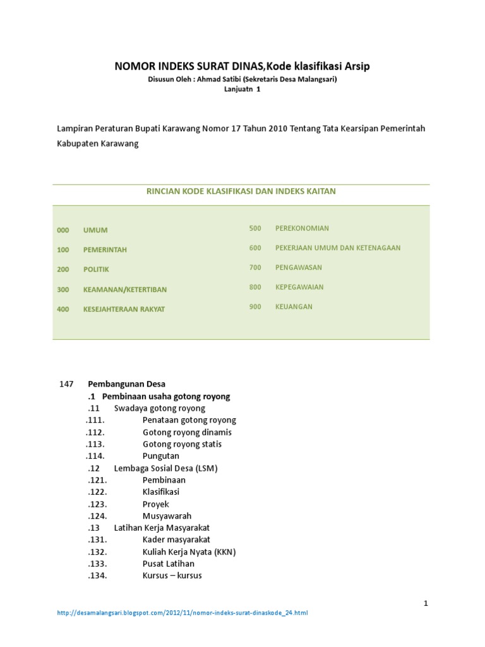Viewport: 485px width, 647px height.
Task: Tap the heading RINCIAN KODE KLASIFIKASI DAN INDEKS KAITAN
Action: coord(241,190)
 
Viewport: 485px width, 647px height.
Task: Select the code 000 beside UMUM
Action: coord(63,230)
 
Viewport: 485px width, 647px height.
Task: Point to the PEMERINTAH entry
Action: coord(105,250)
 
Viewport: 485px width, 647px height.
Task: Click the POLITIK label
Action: coord(96,269)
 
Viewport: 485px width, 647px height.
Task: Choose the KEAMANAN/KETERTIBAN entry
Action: coord(125,289)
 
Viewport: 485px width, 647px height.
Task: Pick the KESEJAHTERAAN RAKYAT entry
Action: coord(124,309)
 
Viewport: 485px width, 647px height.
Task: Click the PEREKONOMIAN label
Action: coord(302,228)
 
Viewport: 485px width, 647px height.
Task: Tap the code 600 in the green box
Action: coord(255,248)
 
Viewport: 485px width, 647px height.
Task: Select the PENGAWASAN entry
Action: coord(299,267)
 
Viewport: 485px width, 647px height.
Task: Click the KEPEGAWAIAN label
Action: coord(299,287)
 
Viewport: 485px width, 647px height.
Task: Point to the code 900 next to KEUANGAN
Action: coord(255,306)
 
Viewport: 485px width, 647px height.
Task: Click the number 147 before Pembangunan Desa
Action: coord(66,384)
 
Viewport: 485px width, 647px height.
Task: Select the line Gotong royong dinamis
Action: coord(187,432)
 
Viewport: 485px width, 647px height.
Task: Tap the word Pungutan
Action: coord(161,456)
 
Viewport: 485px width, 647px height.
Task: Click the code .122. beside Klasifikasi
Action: coord(97,492)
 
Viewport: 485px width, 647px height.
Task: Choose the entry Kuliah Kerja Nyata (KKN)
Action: coord(189,552)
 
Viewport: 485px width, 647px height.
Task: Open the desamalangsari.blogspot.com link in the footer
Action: coord(183,613)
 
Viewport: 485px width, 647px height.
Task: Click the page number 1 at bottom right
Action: coord(426,603)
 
